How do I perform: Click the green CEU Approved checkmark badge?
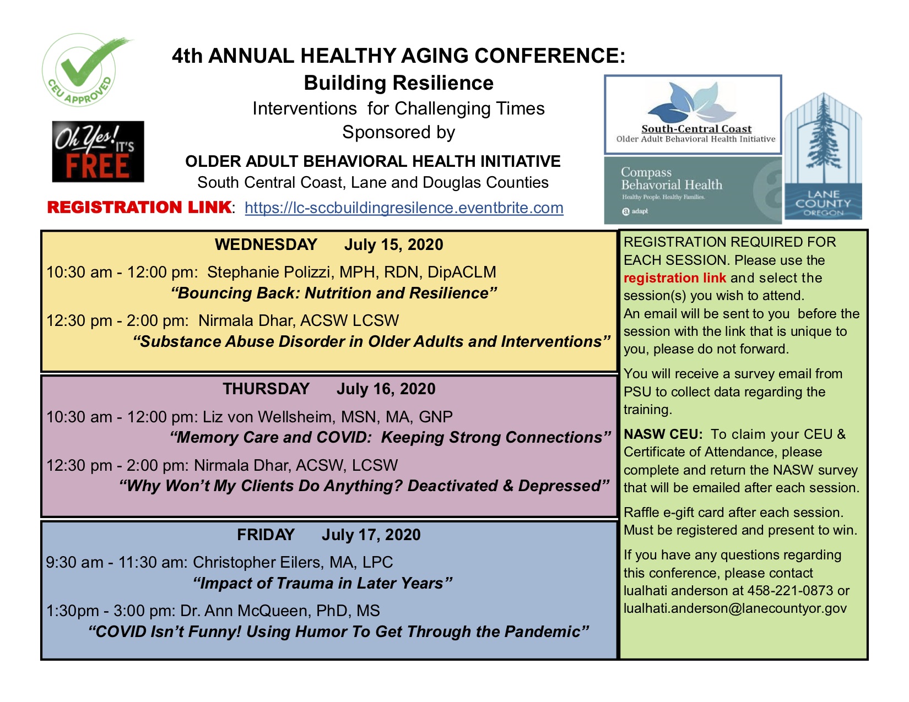80,70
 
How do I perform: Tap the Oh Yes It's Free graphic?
98,152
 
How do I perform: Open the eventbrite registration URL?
404,208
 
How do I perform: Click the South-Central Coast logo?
693,115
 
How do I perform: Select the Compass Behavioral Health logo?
692,191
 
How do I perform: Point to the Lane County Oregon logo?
823,157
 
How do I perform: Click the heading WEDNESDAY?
266,244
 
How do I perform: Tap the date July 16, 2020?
386,389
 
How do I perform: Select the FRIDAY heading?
266,535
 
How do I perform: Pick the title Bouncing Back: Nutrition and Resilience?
334,293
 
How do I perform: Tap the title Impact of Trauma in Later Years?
323,583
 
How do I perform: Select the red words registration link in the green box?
674,278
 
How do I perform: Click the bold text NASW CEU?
663,434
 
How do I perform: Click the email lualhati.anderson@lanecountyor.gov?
735,608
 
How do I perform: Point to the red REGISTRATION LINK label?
139,208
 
